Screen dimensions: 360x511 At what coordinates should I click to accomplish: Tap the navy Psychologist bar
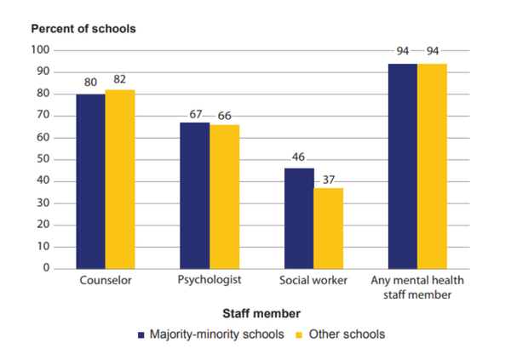(195, 196)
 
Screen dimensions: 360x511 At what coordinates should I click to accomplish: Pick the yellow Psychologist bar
(225, 197)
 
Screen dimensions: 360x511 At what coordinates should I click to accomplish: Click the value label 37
(329, 179)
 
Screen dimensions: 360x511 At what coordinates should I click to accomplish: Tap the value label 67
(195, 113)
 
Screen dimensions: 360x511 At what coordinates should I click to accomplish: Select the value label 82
(120, 80)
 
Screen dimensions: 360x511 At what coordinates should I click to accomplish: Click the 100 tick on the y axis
(41, 50)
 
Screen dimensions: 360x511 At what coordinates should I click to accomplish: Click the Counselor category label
(105, 280)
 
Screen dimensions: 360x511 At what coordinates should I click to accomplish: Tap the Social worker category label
(313, 280)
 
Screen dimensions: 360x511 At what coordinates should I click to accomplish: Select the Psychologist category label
(210, 280)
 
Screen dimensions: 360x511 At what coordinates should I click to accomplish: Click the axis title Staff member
(260, 313)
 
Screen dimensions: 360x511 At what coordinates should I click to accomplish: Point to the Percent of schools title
(83, 28)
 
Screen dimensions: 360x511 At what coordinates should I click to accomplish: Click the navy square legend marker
(141, 334)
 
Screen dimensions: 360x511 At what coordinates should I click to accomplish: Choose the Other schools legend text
(347, 334)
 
